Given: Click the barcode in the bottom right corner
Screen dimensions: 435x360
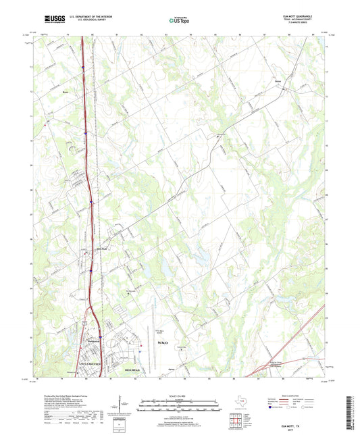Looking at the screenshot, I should [353, 413].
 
